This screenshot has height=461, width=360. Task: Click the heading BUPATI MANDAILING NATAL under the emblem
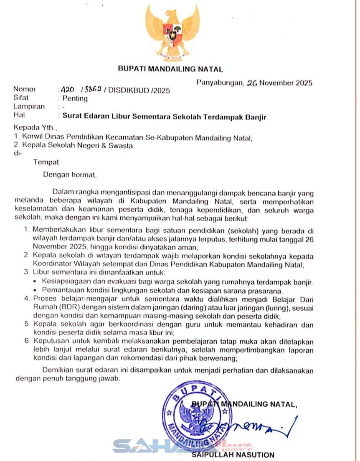[x=170, y=69]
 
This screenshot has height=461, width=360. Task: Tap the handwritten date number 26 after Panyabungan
[x=251, y=83]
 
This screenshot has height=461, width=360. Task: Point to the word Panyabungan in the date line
[x=219, y=83]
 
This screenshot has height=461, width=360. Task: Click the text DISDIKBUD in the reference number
[x=128, y=90]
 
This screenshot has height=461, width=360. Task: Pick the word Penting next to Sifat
[x=75, y=99]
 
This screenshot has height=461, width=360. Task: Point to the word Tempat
[x=46, y=162]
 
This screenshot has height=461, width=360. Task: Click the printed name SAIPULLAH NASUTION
[x=233, y=455]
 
